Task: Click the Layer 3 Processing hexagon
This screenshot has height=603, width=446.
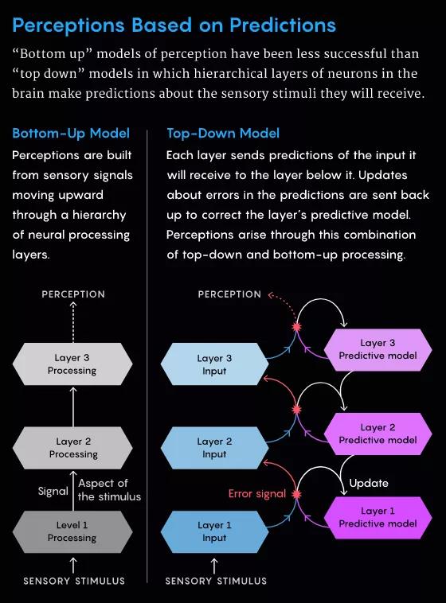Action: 72,364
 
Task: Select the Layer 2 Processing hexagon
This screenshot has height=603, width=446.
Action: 72,448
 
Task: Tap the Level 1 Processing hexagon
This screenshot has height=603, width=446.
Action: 72,532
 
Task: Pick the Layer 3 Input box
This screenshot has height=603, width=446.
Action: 214,364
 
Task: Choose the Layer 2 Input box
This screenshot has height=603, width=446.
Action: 214,448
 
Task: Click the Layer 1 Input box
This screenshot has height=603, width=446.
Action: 214,532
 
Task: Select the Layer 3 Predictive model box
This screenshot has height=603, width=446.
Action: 378,349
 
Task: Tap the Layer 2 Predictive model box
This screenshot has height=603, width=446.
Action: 378,434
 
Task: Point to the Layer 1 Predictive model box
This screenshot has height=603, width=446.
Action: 378,518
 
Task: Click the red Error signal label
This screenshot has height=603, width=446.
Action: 257,494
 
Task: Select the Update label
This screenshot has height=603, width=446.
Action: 369,484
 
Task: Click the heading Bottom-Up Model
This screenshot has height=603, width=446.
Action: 71,134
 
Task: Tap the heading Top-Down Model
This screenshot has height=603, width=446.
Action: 223,134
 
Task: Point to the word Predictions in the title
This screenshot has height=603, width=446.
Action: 283,25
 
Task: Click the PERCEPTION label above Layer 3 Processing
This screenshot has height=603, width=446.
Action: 73,294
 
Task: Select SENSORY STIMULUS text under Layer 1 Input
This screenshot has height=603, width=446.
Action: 216,581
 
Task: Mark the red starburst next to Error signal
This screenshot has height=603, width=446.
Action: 296,494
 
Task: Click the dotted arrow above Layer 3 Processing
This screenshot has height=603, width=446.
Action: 73,322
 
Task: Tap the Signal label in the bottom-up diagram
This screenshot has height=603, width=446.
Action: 53,491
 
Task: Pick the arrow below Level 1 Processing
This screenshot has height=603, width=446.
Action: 73,566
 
